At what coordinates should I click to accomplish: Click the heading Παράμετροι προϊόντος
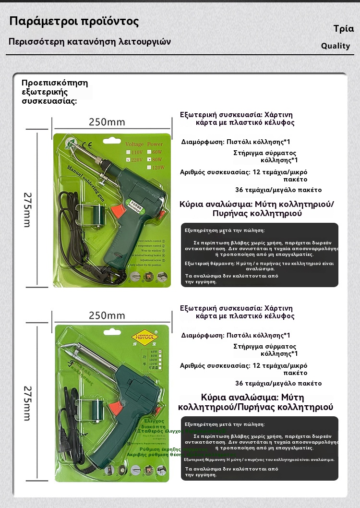click(74, 22)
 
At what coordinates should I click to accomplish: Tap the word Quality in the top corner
click(336, 46)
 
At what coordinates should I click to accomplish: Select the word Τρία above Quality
click(343, 29)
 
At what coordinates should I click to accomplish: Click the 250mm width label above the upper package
click(107, 122)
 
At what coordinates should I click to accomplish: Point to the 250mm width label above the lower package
click(107, 315)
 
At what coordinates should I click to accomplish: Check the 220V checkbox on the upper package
click(127, 159)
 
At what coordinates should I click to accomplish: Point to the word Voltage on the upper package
click(134, 144)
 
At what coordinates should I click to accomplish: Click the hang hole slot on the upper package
click(112, 136)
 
